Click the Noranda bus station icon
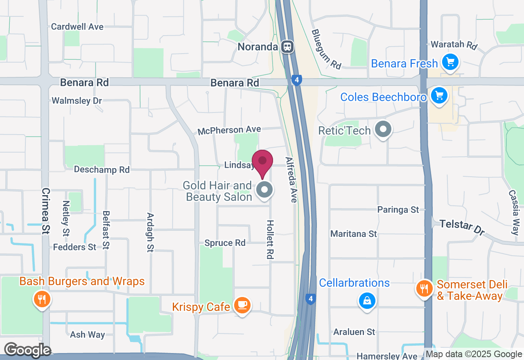coord(288,46)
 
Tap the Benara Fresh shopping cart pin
coord(450,63)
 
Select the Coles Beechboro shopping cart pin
coord(439,96)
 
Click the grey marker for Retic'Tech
coord(383,130)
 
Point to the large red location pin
coord(262,162)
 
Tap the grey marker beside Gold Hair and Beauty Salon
coord(265,190)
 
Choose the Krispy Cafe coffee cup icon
coord(242,305)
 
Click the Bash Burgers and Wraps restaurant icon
coord(41,299)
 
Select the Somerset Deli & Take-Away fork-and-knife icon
coord(425,288)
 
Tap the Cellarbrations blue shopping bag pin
coord(367,301)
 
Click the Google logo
coord(27,350)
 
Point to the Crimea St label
coord(45,211)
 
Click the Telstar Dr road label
coord(462,228)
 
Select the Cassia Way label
coord(514,212)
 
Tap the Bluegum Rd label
coord(326,49)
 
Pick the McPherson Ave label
coord(229,130)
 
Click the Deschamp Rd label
coord(102,169)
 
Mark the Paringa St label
coord(398,209)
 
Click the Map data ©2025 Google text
coord(473,354)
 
